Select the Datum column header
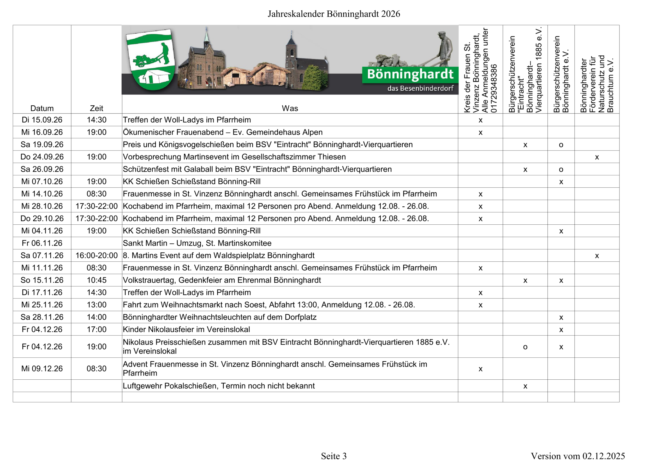[42, 108]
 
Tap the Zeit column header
[96, 108]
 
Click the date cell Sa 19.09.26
[42, 144]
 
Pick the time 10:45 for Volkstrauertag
[96, 280]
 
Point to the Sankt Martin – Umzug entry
[197, 243]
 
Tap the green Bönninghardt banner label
[410, 74]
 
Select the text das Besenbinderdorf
[420, 88]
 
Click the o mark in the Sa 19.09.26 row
[561, 145]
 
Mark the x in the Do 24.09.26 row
[597, 157]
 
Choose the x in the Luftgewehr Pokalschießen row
[525, 386]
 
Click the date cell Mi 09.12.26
[42, 368]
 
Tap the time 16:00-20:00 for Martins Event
[96, 255]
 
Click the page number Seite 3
[334, 456]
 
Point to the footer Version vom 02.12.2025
[577, 456]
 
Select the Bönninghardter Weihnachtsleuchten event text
[219, 317]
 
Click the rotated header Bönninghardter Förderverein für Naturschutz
[597, 84]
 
